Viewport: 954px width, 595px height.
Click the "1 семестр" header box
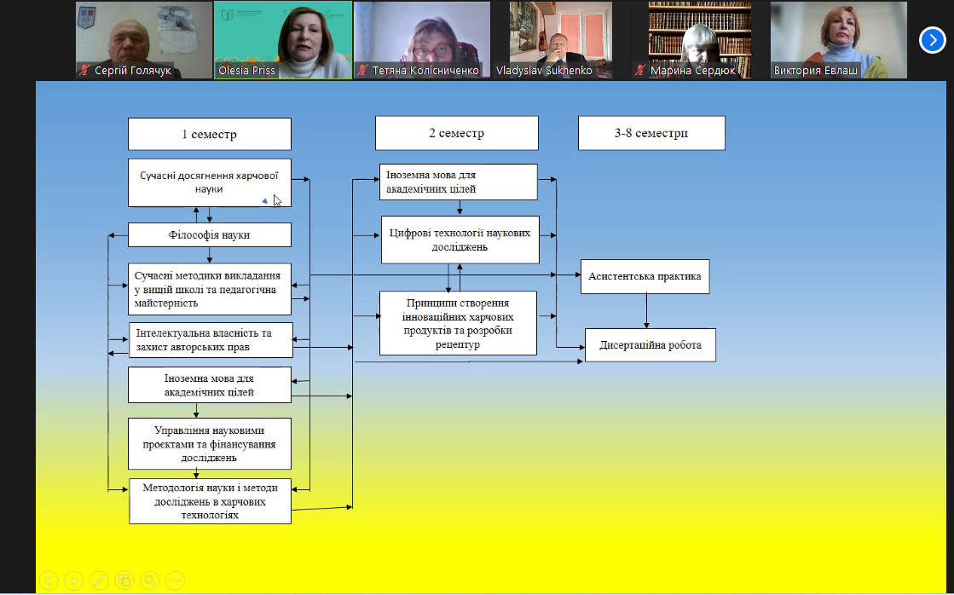coord(209,134)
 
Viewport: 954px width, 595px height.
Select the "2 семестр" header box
coord(456,133)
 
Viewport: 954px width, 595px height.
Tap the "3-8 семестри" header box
coord(651,134)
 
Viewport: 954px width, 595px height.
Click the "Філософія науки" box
coord(210,234)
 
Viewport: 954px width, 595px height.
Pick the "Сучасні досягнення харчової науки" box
coord(210,182)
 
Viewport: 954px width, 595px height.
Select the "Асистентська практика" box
coord(645,276)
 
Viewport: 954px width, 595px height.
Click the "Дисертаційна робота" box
coord(650,345)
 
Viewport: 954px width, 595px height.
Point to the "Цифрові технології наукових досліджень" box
coord(460,240)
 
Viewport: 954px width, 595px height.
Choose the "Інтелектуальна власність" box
coord(210,340)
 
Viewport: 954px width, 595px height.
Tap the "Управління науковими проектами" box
coord(209,443)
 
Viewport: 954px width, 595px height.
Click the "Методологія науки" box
coord(210,501)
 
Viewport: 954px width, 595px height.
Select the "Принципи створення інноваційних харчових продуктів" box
coord(458,323)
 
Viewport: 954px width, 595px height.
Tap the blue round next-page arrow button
coord(932,40)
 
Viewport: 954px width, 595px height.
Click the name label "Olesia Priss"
coord(246,71)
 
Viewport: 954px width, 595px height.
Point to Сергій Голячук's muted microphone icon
coord(84,71)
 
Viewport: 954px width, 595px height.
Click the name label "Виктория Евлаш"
coord(816,71)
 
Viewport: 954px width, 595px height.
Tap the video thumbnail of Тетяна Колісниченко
coord(421,34)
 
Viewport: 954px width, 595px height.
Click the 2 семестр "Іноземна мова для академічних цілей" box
coord(459,182)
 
